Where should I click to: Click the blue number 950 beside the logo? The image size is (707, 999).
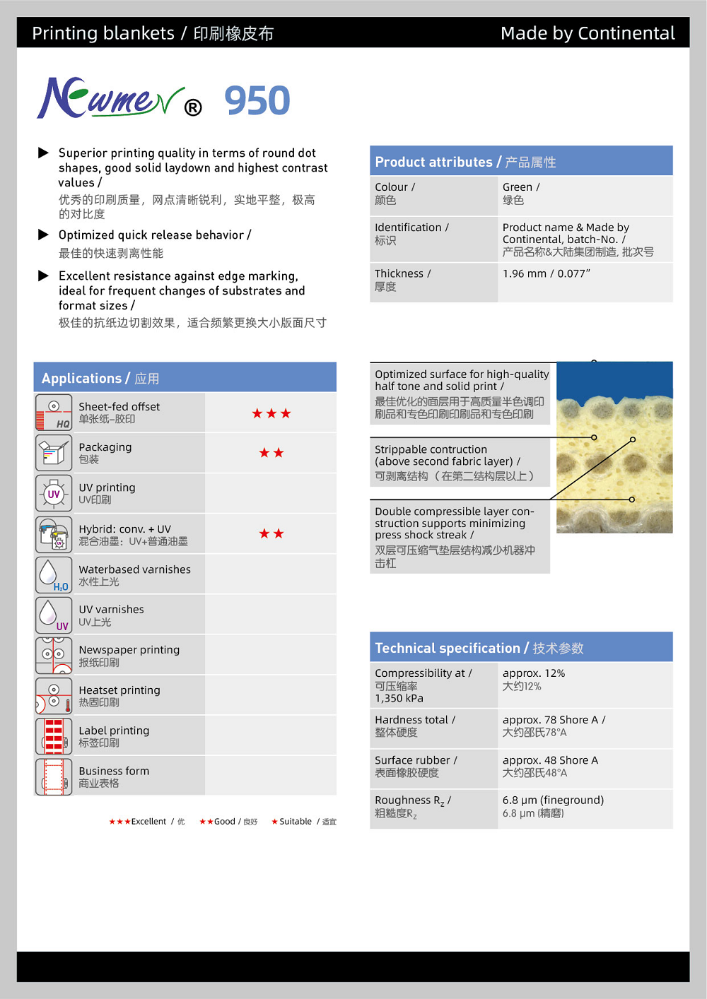coord(257,100)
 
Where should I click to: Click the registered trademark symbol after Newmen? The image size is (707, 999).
coord(193,107)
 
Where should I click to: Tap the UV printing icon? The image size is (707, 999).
coord(54,493)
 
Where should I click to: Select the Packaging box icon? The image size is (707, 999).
coord(54,453)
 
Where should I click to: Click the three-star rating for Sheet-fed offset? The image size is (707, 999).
coord(271,413)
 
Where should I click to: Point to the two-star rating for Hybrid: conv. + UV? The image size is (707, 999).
coord(271,533)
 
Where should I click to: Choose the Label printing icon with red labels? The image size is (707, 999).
coord(54,736)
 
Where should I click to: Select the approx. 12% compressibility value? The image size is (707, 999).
coord(534,673)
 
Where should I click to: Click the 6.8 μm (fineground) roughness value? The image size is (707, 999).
coord(553,800)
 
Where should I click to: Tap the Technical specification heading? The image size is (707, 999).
coord(447,648)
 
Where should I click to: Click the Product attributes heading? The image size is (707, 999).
coord(433,162)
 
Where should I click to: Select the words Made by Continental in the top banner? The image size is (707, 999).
coord(587,33)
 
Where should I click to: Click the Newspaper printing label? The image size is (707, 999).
coord(129,650)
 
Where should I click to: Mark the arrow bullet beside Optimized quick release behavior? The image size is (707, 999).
coord(43,235)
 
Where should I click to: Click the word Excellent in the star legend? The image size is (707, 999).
coord(148,822)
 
